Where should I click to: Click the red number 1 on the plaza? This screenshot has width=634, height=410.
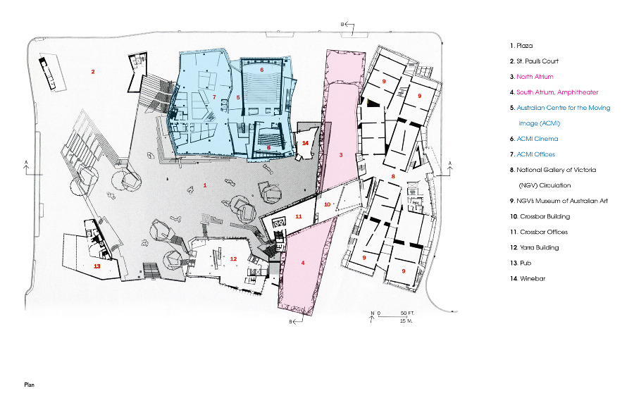tap(205, 185)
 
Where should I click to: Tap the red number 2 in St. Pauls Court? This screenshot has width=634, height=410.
tap(93, 72)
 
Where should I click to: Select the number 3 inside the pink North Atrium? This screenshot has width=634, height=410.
tap(341, 155)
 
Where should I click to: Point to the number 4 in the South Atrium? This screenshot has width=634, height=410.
tap(303, 263)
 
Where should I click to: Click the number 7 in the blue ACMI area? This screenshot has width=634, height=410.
tap(214, 97)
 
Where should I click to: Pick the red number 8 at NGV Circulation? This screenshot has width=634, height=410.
tap(393, 176)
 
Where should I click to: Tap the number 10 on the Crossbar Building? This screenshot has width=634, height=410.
tap(328, 204)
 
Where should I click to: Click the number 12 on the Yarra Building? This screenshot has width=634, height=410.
tap(233, 259)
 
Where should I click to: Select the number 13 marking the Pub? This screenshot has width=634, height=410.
tap(97, 266)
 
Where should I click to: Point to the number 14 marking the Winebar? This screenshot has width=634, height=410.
tap(305, 143)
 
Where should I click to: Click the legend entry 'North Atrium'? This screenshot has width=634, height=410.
tap(535, 77)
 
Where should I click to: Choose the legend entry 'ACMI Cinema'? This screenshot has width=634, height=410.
tap(537, 139)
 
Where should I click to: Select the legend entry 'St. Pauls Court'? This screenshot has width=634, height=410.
tap(537, 61)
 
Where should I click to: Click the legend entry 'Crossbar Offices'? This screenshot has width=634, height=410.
tap(544, 232)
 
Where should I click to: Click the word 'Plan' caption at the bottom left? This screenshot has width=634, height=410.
tap(29, 385)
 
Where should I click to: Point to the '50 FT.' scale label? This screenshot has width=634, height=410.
tap(408, 313)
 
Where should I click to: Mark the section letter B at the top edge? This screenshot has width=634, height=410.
tap(342, 24)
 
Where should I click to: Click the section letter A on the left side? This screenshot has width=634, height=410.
tap(26, 163)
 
